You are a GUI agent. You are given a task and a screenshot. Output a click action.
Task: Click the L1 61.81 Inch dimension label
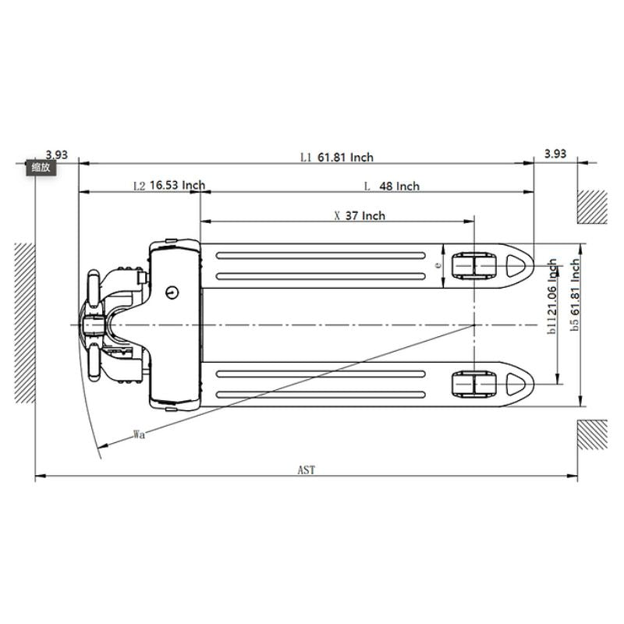[x=337, y=158]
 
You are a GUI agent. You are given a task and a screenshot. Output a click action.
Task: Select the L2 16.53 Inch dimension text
[x=169, y=186]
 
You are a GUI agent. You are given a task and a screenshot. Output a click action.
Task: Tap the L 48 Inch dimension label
[x=392, y=186]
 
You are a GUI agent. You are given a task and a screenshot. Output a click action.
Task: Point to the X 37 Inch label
[x=360, y=216]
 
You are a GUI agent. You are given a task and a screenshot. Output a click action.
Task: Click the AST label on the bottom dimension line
[x=307, y=470]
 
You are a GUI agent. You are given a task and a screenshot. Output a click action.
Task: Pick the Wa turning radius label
[x=139, y=434]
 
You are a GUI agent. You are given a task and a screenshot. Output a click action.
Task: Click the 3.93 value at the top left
[x=56, y=154]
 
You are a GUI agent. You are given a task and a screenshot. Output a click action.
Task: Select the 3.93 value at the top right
[x=555, y=154]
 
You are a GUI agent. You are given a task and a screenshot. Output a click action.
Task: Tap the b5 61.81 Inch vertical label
[x=575, y=295]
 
